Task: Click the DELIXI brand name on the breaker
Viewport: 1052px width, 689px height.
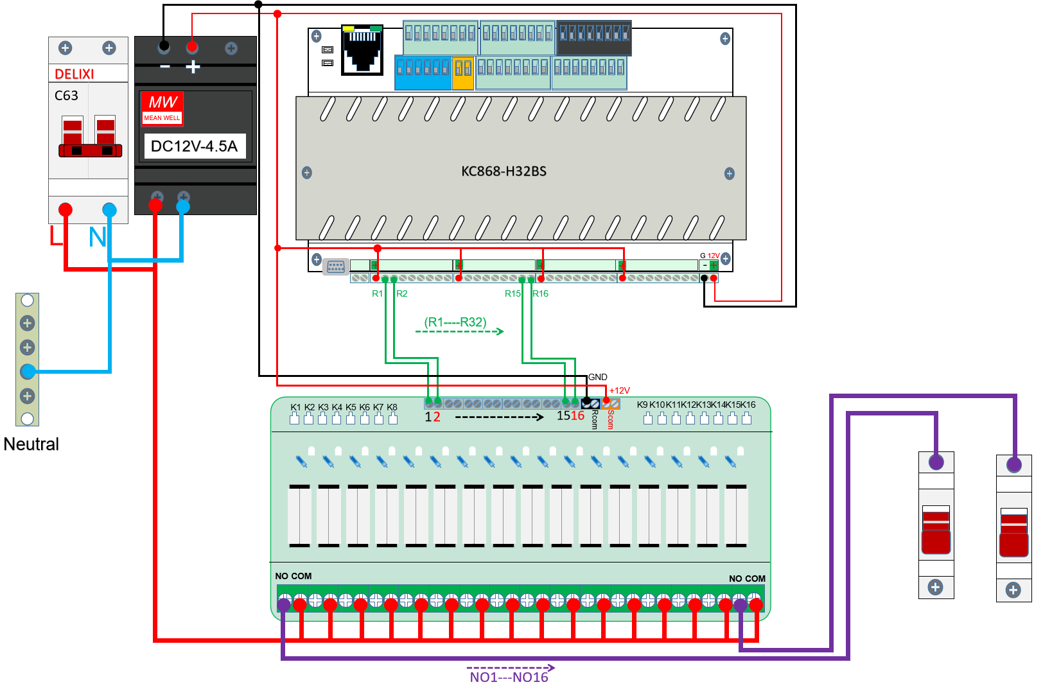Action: (x=75, y=74)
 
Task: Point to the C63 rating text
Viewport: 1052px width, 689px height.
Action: (x=66, y=96)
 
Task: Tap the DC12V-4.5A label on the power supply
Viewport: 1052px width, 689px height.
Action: (x=194, y=146)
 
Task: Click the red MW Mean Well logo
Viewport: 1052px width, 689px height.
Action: (x=162, y=107)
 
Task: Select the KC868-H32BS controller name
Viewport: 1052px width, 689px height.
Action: (x=504, y=171)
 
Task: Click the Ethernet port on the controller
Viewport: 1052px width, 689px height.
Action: (x=362, y=50)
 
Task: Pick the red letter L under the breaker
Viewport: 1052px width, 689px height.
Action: (x=56, y=236)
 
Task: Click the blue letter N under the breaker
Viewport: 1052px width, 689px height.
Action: (x=97, y=238)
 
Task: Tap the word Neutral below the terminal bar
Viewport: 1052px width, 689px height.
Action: (x=31, y=444)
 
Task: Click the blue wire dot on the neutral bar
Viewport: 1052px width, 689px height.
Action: (x=28, y=371)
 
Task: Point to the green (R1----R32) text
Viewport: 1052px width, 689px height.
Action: (x=455, y=322)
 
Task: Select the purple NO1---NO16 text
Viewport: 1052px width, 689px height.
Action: (x=509, y=677)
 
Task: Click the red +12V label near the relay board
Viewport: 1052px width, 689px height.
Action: (x=620, y=390)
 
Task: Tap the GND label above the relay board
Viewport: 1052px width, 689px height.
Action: (x=598, y=377)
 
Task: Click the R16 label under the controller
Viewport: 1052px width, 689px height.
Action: (x=541, y=293)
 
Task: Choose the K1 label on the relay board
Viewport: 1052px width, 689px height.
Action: (x=295, y=407)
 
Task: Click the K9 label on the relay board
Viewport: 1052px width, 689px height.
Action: (x=642, y=405)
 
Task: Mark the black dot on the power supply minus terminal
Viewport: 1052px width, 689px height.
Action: (x=164, y=46)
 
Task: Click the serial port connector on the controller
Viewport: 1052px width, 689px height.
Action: (x=336, y=266)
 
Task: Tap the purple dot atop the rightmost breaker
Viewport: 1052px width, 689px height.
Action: (x=1014, y=464)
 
